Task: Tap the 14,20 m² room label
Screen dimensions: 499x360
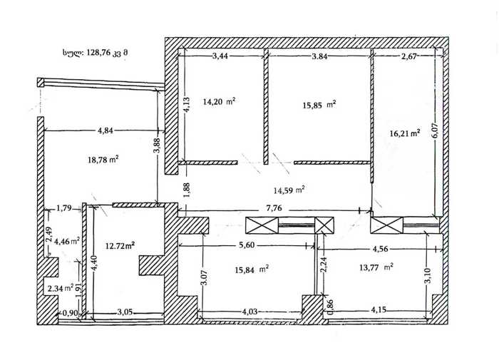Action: pos(219,102)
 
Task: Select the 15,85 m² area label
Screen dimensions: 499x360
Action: pos(319,105)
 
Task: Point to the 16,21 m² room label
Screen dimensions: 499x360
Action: pos(405,133)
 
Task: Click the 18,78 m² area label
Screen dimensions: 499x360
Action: pos(103,160)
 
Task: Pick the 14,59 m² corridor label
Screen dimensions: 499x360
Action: pos(289,190)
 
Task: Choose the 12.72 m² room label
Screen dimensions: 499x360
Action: pos(119,245)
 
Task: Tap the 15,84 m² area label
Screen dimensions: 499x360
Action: pos(252,269)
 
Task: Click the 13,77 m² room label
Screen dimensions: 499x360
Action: pos(376,267)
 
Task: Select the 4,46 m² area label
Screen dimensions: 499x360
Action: pos(67,241)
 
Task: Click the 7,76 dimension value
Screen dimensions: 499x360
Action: pos(274,208)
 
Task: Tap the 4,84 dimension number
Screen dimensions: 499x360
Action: pos(105,130)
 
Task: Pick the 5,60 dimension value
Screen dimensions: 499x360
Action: pos(247,245)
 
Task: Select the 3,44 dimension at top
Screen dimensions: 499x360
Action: pos(220,56)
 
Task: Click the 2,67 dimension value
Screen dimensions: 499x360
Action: pos(409,56)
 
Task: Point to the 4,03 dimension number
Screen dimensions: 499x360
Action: pos(249,311)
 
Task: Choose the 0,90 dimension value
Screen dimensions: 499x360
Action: pos(70,313)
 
